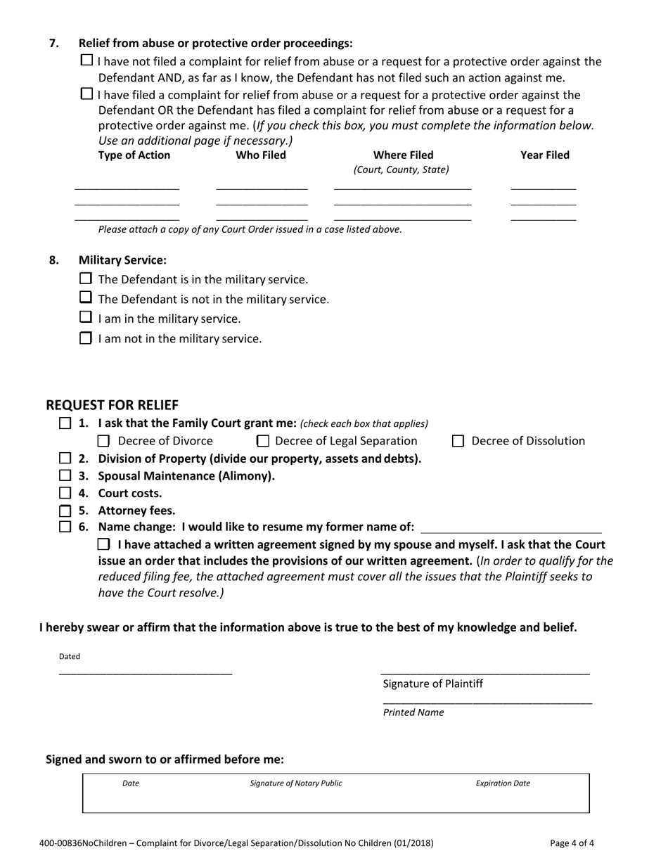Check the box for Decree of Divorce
point(103,442)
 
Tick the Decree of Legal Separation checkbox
point(263,442)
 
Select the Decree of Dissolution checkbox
point(458,442)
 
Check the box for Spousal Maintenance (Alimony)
point(65,476)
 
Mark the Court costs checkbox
point(65,494)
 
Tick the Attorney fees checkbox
point(65,511)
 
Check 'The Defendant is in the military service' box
point(86,279)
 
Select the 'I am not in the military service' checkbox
point(86,338)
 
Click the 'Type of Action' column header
point(134,155)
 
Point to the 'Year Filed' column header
point(544,155)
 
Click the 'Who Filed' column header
point(261,155)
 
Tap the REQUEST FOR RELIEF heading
point(112,405)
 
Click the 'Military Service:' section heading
point(122,260)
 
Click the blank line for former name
point(510,527)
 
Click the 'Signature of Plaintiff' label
point(432,684)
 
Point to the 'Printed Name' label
point(413,712)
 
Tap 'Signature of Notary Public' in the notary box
point(296,783)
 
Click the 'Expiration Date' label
point(503,783)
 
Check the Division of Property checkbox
point(65,459)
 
